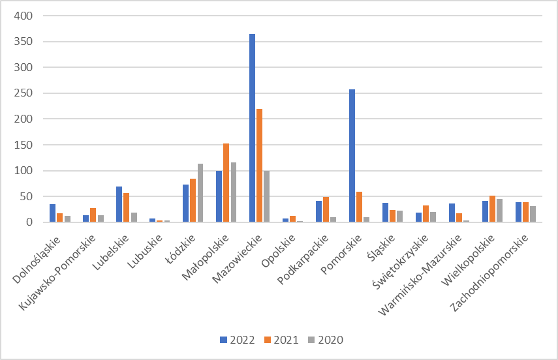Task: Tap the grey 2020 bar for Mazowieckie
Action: tap(266, 196)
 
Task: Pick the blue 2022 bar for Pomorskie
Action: tap(352, 156)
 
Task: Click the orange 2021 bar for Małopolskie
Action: tap(226, 183)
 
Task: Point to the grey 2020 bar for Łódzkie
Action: tap(200, 193)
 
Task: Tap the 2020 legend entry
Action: tap(326, 340)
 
